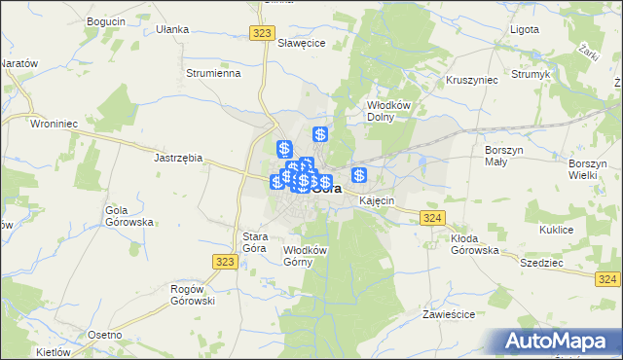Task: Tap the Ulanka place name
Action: click(172, 29)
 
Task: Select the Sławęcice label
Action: click(301, 44)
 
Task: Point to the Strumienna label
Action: click(212, 72)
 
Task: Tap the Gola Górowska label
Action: click(130, 216)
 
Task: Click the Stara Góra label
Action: click(254, 242)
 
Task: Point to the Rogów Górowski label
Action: click(192, 295)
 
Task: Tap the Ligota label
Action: click(524, 29)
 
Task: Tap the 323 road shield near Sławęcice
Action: click(260, 33)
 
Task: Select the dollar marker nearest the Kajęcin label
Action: click(359, 175)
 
